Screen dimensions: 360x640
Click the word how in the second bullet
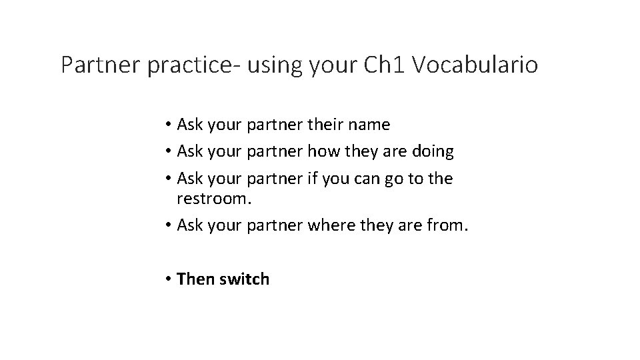point(323,151)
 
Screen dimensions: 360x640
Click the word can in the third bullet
point(370,179)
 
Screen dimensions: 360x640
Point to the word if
point(312,178)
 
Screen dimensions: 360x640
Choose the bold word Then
point(193,279)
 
